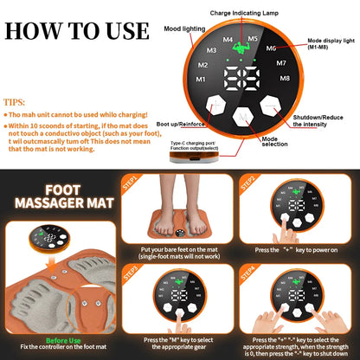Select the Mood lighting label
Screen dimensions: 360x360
(x=184, y=29)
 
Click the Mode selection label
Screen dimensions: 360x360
(x=276, y=142)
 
